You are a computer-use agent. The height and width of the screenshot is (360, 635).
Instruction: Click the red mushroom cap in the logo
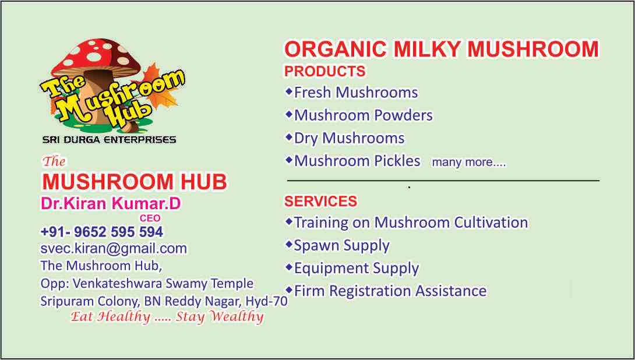96,57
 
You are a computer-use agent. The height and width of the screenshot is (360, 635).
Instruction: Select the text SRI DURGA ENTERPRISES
110,140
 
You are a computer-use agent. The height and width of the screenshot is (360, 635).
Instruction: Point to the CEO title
150,218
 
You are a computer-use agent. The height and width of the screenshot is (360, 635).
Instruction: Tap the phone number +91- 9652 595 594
101,232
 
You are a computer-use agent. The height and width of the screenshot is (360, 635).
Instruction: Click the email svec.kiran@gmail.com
114,248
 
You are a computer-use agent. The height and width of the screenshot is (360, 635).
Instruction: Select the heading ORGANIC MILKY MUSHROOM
442,50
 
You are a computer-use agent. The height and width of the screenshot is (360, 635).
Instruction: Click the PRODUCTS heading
325,71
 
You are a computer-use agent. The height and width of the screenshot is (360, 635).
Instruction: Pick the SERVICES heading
321,201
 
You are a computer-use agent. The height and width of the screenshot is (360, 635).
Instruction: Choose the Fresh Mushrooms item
356,92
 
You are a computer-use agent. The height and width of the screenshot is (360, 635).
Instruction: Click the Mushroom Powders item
364,115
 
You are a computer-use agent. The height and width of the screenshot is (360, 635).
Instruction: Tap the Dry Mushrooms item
349,139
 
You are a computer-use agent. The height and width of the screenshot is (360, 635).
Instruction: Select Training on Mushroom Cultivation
411,223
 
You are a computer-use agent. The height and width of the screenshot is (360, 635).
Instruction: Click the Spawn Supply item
342,246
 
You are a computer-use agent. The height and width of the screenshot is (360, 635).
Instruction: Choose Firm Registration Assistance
390,291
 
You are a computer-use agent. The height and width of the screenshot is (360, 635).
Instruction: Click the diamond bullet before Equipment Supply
289,267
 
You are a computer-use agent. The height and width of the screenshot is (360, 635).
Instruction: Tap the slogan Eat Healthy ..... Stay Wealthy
167,316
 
